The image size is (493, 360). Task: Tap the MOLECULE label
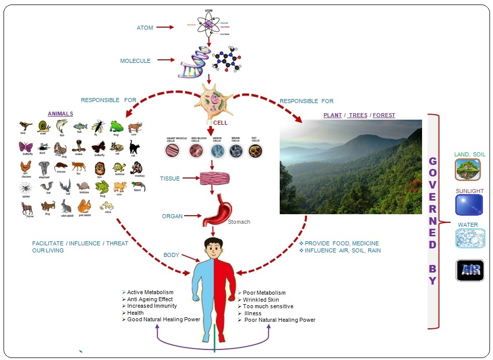[x=135, y=61]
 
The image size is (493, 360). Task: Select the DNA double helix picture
[x=194, y=62]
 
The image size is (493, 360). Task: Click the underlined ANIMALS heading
[x=60, y=114]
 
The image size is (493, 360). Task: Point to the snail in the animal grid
[x=44, y=126]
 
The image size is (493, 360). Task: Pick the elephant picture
[x=44, y=168]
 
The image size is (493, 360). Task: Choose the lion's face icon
[x=99, y=168]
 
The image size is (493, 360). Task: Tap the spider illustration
[x=26, y=189]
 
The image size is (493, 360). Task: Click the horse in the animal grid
[x=27, y=207]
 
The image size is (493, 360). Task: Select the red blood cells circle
[x=196, y=150]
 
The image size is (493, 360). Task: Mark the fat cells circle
[x=256, y=150]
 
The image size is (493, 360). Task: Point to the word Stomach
[x=239, y=222]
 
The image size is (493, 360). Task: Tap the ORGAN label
[x=172, y=216]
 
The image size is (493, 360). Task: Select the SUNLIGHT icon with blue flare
[x=469, y=205]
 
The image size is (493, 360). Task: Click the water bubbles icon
[x=470, y=238]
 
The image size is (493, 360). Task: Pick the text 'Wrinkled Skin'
[x=261, y=299]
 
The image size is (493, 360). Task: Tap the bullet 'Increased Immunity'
[x=152, y=306]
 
